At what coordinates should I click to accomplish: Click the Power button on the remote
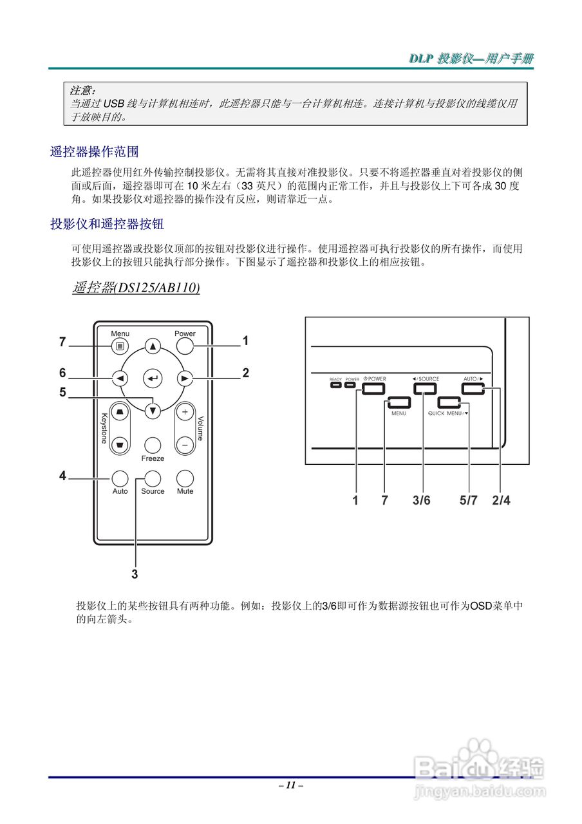(x=185, y=346)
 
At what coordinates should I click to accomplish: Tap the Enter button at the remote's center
(x=153, y=379)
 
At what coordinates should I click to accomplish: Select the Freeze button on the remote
(x=153, y=444)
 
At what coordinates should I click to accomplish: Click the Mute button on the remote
(x=185, y=478)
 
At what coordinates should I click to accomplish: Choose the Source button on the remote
(x=153, y=478)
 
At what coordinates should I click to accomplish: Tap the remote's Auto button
(x=120, y=478)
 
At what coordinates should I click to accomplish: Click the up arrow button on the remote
(x=153, y=346)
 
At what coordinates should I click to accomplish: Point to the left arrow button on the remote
(x=120, y=379)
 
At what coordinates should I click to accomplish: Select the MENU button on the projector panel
(x=399, y=404)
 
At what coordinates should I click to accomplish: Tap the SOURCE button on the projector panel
(x=425, y=388)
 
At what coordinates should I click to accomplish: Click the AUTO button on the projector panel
(x=472, y=388)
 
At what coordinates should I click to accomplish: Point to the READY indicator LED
(x=335, y=386)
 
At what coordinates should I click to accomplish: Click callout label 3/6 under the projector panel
(x=422, y=500)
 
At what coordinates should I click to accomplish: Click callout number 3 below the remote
(x=135, y=572)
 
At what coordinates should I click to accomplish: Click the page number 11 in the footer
(x=291, y=785)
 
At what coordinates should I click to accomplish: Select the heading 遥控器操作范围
(x=95, y=153)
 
